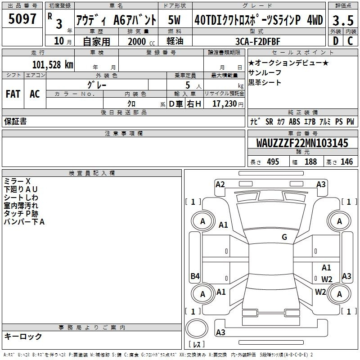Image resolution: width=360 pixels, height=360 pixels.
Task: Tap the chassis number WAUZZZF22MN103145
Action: pos(302,143)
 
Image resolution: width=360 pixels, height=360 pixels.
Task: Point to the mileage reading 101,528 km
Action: pos(53,64)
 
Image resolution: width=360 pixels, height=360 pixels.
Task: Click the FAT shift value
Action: pos(13,94)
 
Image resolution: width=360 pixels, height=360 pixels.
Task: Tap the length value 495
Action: pos(272,162)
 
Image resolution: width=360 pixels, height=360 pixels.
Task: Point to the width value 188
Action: pos(310,162)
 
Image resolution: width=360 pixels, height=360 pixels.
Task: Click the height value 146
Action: pos(346,162)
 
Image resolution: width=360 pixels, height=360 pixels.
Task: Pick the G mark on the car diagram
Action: pos(284,237)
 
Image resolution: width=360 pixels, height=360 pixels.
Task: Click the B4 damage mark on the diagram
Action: pos(195,276)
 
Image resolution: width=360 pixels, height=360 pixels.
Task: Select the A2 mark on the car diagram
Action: pos(220,184)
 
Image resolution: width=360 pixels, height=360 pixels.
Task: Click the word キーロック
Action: pos(23,337)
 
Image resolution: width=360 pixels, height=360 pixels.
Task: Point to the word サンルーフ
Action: pos(265,73)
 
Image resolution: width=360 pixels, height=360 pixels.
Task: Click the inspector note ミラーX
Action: pos(17,181)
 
